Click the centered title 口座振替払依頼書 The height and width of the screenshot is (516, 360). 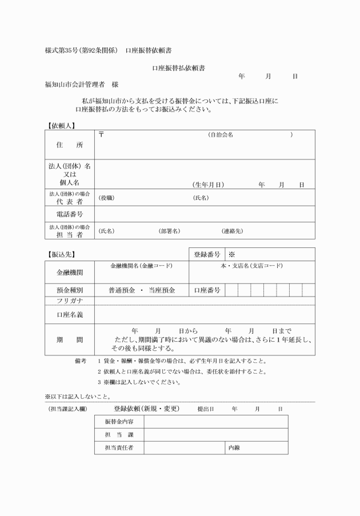(x=179, y=68)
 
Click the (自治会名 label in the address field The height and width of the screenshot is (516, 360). (x=220, y=135)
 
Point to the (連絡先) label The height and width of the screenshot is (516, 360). (x=232, y=231)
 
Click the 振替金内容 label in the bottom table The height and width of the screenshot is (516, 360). (x=119, y=422)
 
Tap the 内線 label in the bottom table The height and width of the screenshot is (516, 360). (x=234, y=447)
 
